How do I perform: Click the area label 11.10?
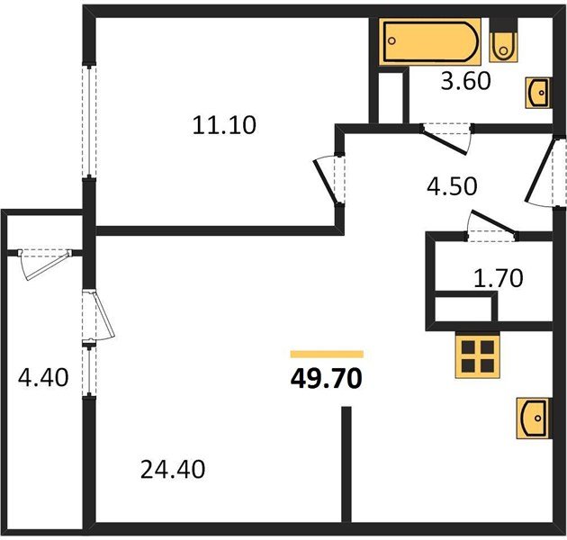pyautogui.click(x=224, y=125)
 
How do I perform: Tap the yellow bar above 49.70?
pyautogui.click(x=326, y=355)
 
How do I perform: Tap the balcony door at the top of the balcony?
pyautogui.click(x=45, y=260)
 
